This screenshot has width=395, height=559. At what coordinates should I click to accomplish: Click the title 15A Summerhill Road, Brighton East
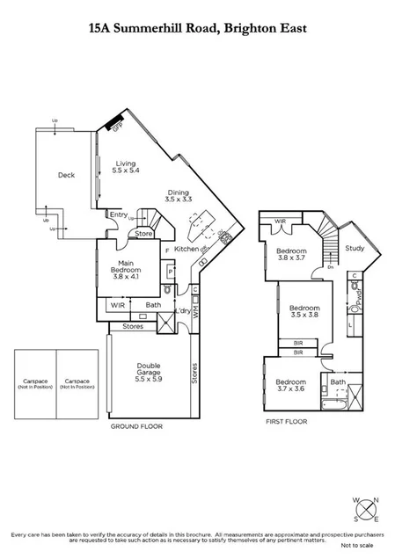[197, 29]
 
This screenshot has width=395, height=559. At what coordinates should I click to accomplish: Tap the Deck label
[66, 175]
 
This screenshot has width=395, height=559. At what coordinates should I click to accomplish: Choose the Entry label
[118, 214]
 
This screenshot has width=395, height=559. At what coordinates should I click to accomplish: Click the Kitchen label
[187, 250]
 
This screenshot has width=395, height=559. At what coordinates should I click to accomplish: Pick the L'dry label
[183, 313]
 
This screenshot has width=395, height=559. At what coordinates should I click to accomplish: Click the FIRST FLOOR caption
[286, 421]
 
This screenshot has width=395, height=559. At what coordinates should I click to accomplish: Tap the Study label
[356, 249]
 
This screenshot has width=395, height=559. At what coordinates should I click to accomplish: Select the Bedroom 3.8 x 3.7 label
[290, 255]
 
